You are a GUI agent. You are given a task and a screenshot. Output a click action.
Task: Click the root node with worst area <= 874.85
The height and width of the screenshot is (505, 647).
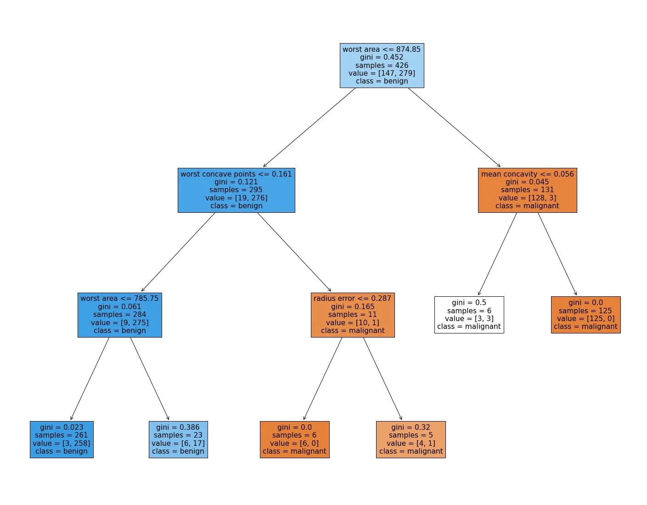(382, 65)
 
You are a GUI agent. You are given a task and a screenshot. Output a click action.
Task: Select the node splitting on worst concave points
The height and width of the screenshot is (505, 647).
(236, 190)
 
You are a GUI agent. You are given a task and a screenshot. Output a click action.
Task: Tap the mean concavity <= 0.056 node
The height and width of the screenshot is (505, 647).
(527, 190)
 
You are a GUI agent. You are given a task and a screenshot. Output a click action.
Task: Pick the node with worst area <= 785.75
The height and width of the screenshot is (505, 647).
(119, 315)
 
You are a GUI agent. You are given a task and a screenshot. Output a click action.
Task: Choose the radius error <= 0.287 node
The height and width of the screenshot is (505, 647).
(353, 315)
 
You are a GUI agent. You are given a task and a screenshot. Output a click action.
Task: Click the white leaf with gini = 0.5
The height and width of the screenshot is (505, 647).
(469, 315)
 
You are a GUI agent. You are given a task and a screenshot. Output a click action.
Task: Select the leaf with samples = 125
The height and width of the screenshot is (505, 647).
(585, 315)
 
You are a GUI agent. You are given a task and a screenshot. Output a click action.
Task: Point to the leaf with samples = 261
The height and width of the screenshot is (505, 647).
(62, 439)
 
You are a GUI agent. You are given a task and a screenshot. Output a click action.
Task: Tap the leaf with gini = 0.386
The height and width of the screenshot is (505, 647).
(178, 439)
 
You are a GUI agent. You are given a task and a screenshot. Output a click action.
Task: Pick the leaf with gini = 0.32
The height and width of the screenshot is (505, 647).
(411, 439)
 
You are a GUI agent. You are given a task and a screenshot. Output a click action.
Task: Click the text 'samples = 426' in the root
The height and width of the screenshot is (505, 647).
(382, 65)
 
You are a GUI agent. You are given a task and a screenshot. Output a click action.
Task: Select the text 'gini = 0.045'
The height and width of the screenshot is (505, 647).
(527, 182)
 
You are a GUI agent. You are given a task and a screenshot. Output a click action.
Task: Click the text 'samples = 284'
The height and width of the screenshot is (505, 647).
(119, 315)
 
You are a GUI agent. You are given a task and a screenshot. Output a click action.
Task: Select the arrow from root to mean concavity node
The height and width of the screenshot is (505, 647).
(454, 127)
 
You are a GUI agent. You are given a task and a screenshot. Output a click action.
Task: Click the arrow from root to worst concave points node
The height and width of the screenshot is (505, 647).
(309, 127)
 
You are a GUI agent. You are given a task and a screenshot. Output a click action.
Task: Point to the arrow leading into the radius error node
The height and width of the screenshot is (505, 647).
(294, 252)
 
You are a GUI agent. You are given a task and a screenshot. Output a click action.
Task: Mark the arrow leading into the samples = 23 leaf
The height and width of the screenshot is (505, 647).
(150, 379)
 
